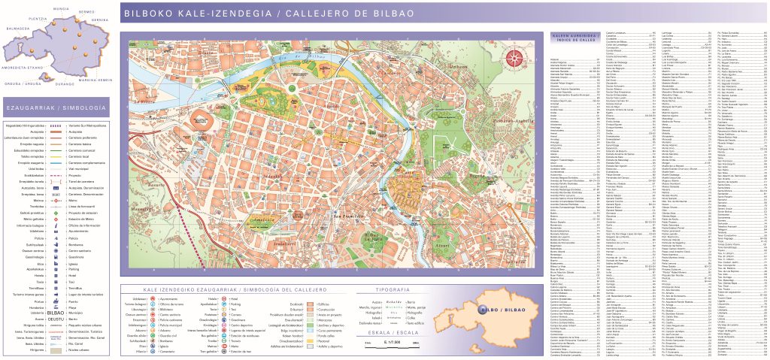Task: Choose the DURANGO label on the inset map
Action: click(64, 84)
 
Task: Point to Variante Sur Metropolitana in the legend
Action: click(86, 125)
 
